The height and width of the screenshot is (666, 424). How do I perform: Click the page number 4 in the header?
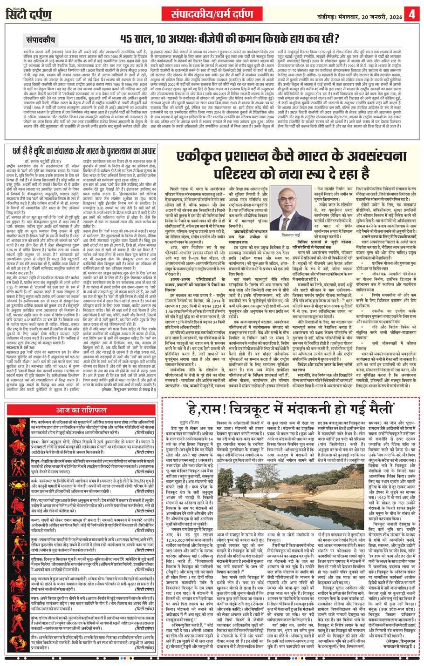(412, 13)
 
